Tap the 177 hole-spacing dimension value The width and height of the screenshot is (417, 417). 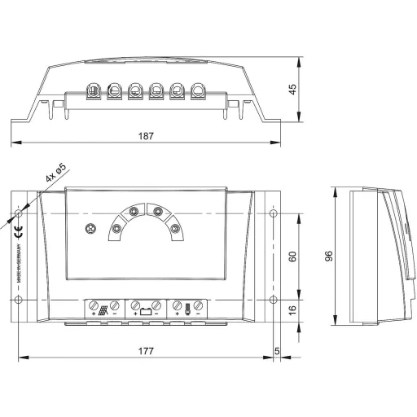tap(147, 349)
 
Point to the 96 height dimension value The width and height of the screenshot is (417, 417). tap(329, 256)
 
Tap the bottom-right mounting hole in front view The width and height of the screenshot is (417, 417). tap(272, 301)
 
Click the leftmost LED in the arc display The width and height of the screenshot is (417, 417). tap(116, 230)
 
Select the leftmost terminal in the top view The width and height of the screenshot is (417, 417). tap(92, 91)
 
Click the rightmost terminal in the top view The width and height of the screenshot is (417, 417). tap(197, 91)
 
